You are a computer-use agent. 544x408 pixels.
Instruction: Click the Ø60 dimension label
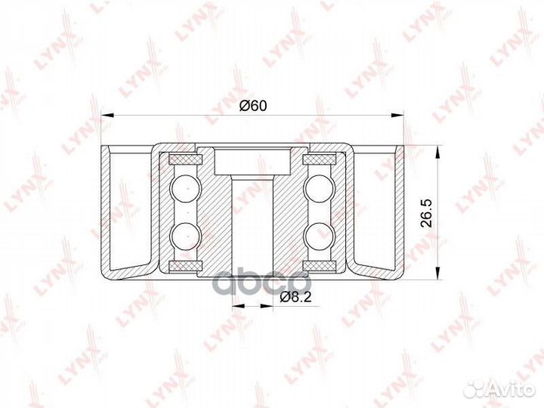[x=253, y=106]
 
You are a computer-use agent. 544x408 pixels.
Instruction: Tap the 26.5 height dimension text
[x=426, y=212]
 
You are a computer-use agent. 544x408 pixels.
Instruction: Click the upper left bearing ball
[x=186, y=189]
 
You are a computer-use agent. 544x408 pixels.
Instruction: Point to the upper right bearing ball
[x=320, y=189]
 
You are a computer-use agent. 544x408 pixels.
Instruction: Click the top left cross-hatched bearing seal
[x=185, y=159]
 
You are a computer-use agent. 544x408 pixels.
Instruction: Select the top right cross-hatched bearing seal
[x=319, y=159]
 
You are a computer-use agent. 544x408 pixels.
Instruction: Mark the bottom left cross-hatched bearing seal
[x=185, y=266]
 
